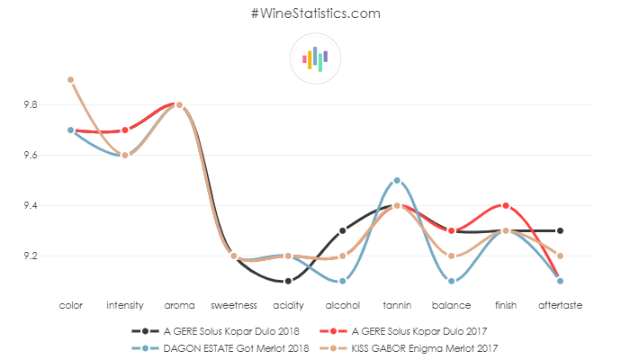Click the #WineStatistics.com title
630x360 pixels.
[315, 13]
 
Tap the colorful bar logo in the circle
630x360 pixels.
[315, 59]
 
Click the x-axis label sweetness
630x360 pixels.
[233, 306]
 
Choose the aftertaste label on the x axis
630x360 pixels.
[559, 306]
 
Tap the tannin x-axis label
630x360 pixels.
[396, 306]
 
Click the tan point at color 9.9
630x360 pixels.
[70, 80]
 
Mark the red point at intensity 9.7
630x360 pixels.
[125, 130]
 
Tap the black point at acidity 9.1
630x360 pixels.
[288, 282]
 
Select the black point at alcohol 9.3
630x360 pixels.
[342, 231]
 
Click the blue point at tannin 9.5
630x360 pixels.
[396, 181]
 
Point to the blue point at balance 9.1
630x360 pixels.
[451, 282]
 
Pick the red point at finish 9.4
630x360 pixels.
[505, 206]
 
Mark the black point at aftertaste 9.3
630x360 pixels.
[559, 231]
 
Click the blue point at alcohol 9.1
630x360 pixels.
[342, 282]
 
